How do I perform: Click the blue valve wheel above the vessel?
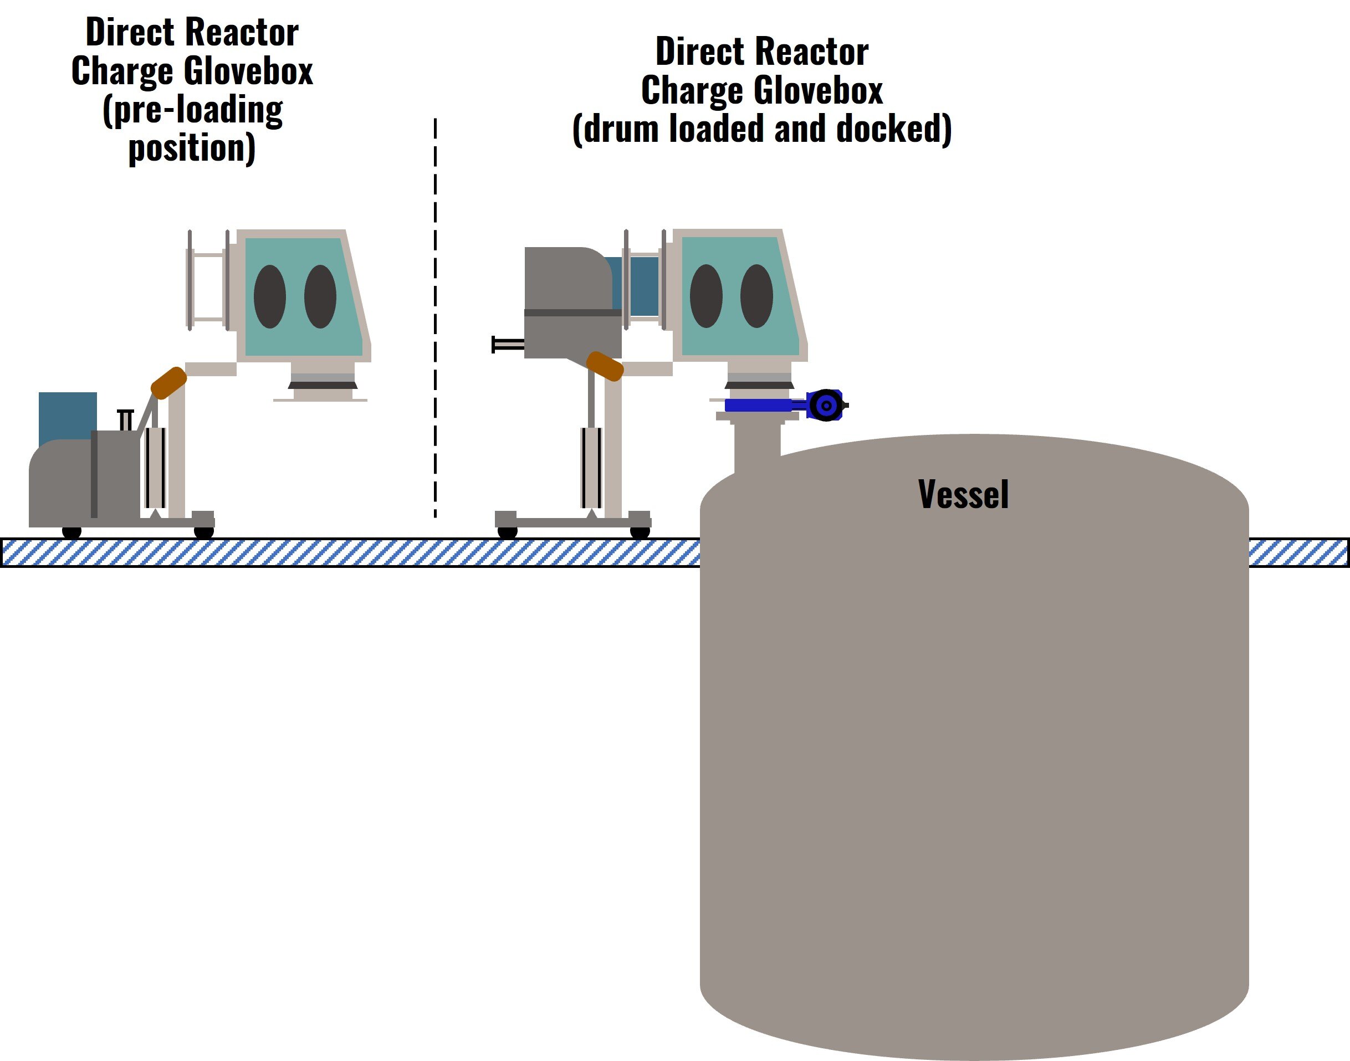pos(826,406)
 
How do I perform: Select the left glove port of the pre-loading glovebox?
pos(270,296)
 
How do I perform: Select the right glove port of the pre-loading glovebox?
pos(320,296)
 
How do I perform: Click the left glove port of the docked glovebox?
pos(707,296)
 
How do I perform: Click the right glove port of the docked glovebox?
pos(756,296)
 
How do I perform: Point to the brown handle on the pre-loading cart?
pos(168,383)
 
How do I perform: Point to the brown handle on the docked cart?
pos(605,366)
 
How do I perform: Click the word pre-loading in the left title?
pos(193,110)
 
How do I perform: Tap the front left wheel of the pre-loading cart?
pos(72,532)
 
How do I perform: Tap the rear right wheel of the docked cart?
pos(640,532)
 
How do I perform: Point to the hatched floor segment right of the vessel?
pos(1298,553)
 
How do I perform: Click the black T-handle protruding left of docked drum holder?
pos(507,344)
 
